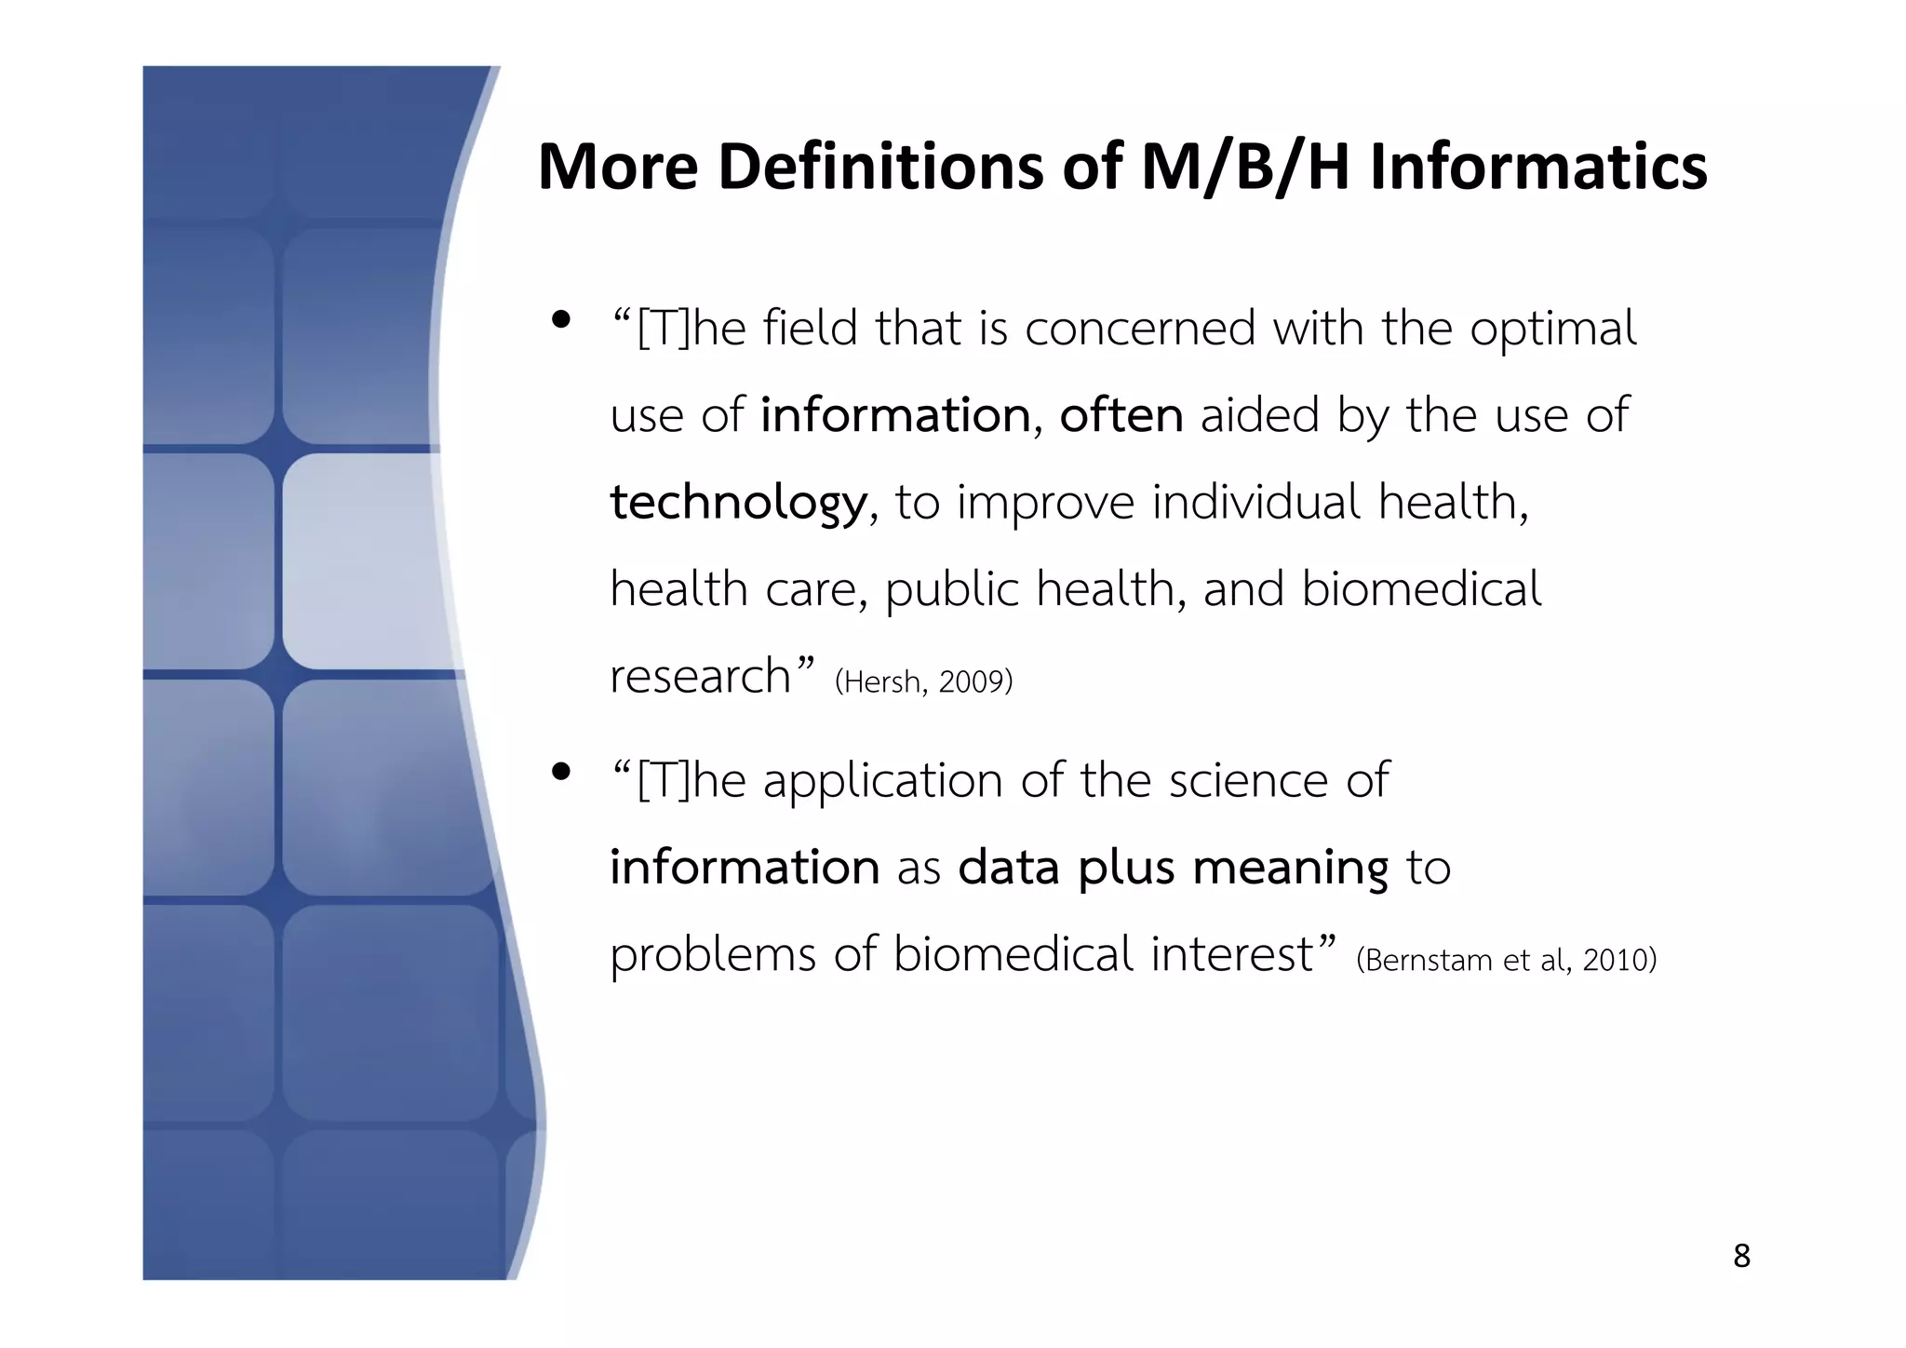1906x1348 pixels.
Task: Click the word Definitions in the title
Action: [x=880, y=168]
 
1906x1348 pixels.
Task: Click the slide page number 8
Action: [x=1741, y=1257]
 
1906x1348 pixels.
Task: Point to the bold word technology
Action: [x=738, y=503]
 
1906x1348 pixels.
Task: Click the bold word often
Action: [x=1121, y=415]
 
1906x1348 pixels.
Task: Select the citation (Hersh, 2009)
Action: [x=923, y=682]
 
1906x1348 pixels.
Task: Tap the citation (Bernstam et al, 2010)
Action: [x=1506, y=960]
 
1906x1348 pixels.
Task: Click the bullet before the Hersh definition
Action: [x=560, y=320]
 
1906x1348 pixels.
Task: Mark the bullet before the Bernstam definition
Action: [x=560, y=772]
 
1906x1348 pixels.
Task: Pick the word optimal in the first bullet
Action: [x=1552, y=330]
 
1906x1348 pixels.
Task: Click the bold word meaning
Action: [x=1290, y=869]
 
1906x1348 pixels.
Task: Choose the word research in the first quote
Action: [x=700, y=677]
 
